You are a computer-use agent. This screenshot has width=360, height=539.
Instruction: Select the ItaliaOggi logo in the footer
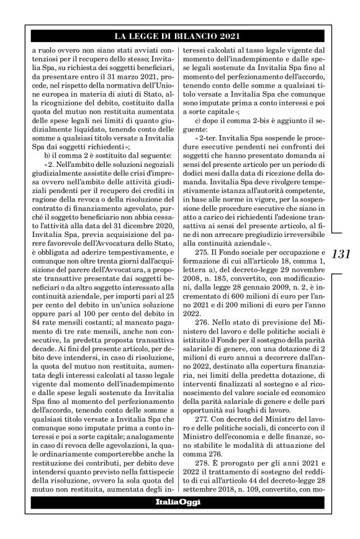180,501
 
